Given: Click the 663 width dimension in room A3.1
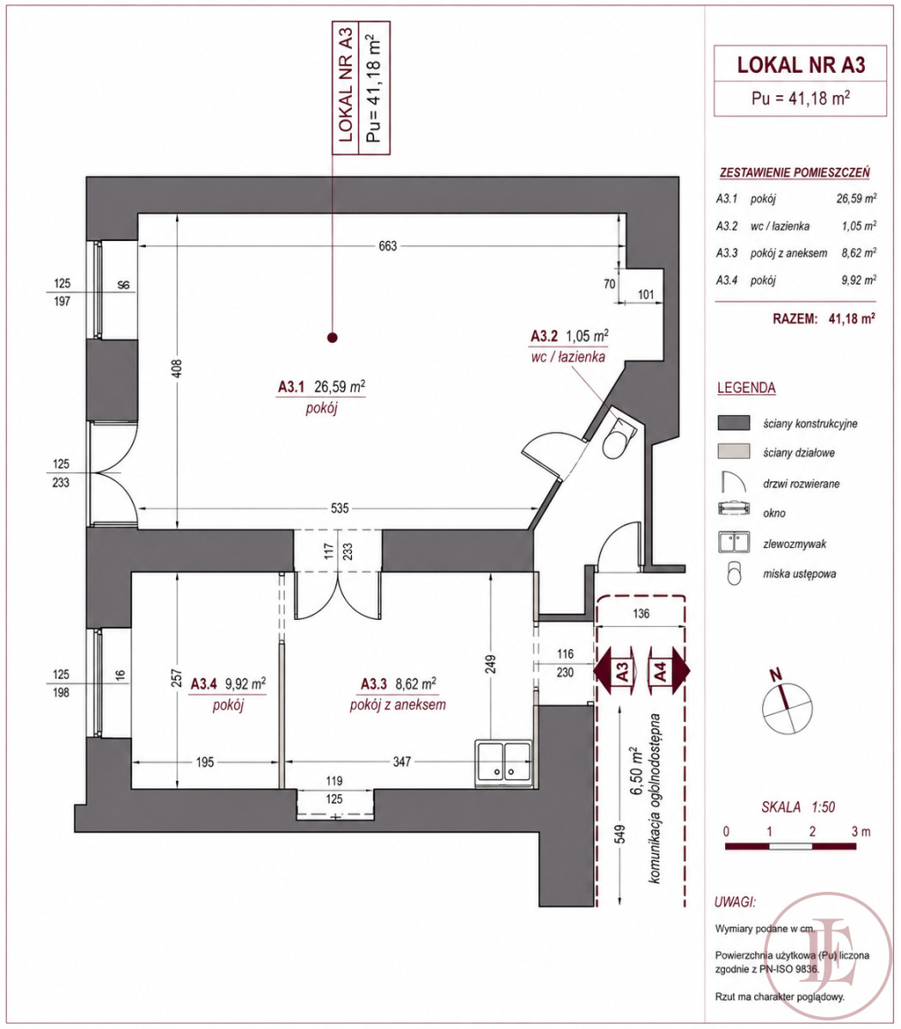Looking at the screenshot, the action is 388,246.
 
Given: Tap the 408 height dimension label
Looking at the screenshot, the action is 177,369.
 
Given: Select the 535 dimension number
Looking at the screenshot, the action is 340,508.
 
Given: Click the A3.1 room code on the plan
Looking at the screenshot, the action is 292,387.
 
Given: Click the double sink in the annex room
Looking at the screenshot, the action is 504,763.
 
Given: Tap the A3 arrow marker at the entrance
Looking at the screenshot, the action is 615,671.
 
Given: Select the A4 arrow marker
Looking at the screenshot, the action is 669,671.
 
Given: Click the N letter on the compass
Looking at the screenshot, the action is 777,676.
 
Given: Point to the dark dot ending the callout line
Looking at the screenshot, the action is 332,338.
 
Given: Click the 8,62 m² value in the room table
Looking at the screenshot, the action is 859,253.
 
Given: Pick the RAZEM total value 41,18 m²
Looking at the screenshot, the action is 852,318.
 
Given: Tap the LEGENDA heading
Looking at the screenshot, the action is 746,388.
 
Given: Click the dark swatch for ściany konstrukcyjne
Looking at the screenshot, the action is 734,423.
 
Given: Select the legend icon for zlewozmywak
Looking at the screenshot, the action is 734,543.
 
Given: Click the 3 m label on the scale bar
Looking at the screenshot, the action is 861,832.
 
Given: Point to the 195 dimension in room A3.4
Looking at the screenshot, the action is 205,762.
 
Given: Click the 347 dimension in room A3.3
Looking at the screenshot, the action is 402,762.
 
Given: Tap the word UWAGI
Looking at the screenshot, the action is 735,902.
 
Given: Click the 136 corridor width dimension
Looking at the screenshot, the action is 641,614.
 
